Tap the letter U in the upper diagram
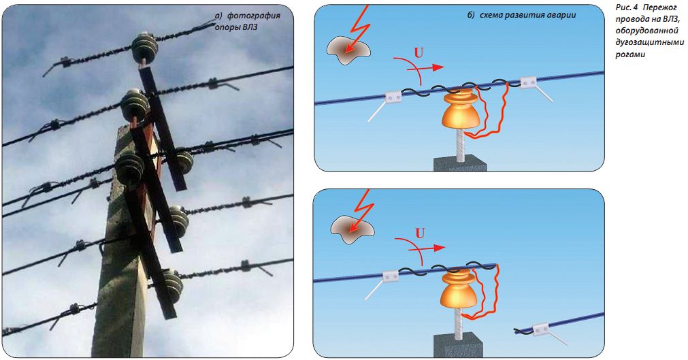click(419, 53)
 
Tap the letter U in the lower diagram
click(420, 233)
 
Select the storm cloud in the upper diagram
click(348, 49)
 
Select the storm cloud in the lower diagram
click(353, 226)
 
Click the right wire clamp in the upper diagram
click(528, 82)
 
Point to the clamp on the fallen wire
click(540, 329)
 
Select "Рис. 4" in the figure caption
click(627, 8)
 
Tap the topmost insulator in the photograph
click(144, 48)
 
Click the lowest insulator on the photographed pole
click(172, 286)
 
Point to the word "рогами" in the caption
click(630, 55)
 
